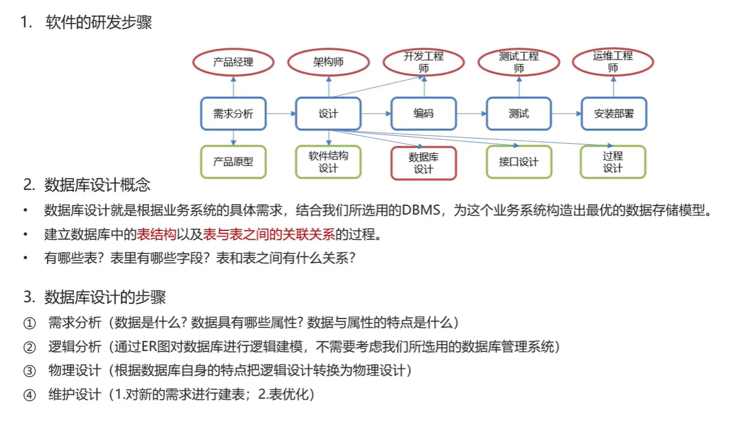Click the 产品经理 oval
coord(233,62)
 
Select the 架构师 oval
coord(328,62)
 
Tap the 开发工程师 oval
coord(424,62)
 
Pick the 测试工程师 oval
coord(519,62)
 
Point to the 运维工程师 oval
coord(613,62)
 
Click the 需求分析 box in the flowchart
coord(233,114)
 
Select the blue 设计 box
coord(328,114)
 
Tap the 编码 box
coord(423,114)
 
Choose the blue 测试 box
coord(519,114)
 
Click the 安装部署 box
coord(614,114)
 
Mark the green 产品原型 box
coord(233,162)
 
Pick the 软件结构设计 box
coord(328,162)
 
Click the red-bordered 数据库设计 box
coord(423,163)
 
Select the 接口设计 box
coord(519,162)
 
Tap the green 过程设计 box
coord(613,162)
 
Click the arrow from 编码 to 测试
coord(471,114)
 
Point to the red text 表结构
coord(156,234)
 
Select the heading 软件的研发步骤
coord(99,23)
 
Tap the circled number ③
coord(29,371)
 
